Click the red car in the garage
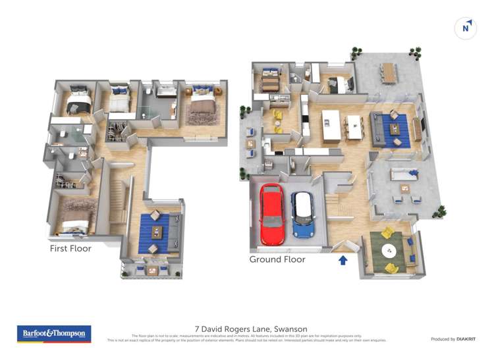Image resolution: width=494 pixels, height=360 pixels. tap(271, 215)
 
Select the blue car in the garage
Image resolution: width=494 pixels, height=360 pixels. tap(303, 215)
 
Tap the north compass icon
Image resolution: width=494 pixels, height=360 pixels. tap(466, 28)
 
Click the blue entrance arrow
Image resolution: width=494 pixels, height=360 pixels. tap(343, 260)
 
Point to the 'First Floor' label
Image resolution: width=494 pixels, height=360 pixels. tap(70, 249)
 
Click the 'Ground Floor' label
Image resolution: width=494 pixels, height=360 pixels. tap(277, 259)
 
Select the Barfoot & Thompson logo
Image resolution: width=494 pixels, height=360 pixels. tap(53, 334)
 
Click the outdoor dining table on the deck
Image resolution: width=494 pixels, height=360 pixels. tap(389, 72)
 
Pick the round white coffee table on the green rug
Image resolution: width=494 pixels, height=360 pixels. tap(390, 250)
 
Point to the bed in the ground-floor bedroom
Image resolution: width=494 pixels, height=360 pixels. tap(269, 82)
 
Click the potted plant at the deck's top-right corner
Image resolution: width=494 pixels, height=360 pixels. tap(415, 53)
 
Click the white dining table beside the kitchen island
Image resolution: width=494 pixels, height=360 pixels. tap(354, 126)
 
